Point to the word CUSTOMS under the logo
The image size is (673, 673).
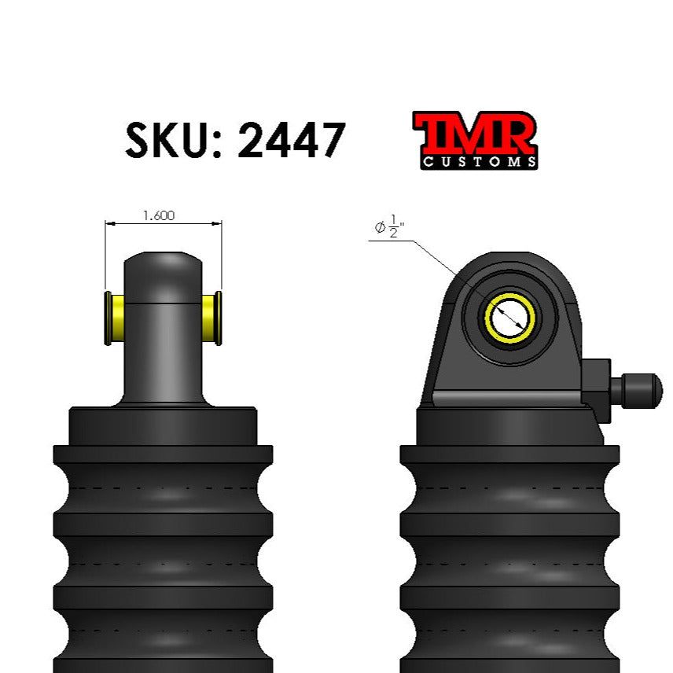(480, 162)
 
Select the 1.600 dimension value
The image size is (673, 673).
(159, 215)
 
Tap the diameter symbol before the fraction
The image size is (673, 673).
(380, 228)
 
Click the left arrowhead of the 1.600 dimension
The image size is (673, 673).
(109, 223)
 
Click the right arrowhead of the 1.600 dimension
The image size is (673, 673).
(218, 223)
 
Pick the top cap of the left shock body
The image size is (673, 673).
(164, 425)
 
